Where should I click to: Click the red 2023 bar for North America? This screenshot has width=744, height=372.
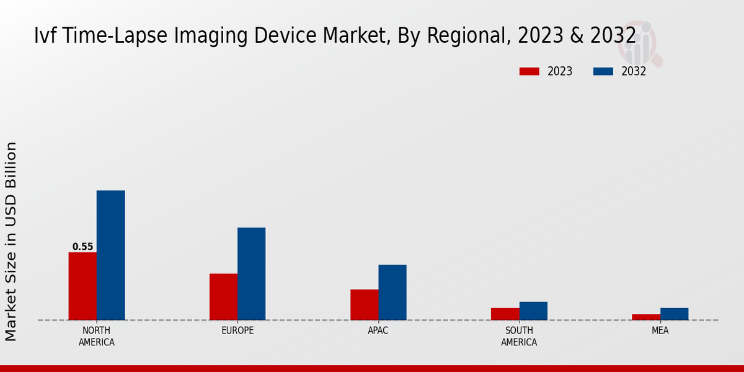coord(82,286)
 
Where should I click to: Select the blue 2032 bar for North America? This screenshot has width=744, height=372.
coord(110,255)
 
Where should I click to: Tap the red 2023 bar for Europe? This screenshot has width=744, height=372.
coord(223,296)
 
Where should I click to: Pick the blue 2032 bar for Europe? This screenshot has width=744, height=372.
coord(251,273)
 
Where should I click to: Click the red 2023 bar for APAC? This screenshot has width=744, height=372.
coord(364,304)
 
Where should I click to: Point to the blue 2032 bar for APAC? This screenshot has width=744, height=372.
coord(392,292)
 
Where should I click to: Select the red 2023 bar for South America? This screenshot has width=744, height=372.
coord(505,314)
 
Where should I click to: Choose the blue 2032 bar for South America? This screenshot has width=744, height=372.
coord(533,311)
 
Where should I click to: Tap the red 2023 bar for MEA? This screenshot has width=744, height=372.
coord(646,317)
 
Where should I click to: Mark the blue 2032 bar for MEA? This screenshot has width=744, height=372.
coord(674,314)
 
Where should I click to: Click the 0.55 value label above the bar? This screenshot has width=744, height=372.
coord(82,247)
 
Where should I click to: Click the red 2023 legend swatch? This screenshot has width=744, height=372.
coord(529,71)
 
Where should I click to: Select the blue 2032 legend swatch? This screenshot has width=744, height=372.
coord(603,71)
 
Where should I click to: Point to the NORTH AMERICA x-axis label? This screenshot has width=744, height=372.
coord(97,336)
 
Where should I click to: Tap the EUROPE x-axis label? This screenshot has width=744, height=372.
coord(237,330)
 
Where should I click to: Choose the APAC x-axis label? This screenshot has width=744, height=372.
coord(378,330)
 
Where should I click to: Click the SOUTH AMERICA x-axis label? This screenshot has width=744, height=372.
coord(519,336)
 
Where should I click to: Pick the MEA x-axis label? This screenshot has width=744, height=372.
coord(660,330)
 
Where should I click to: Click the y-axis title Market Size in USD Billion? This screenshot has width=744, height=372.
coord(11,241)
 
